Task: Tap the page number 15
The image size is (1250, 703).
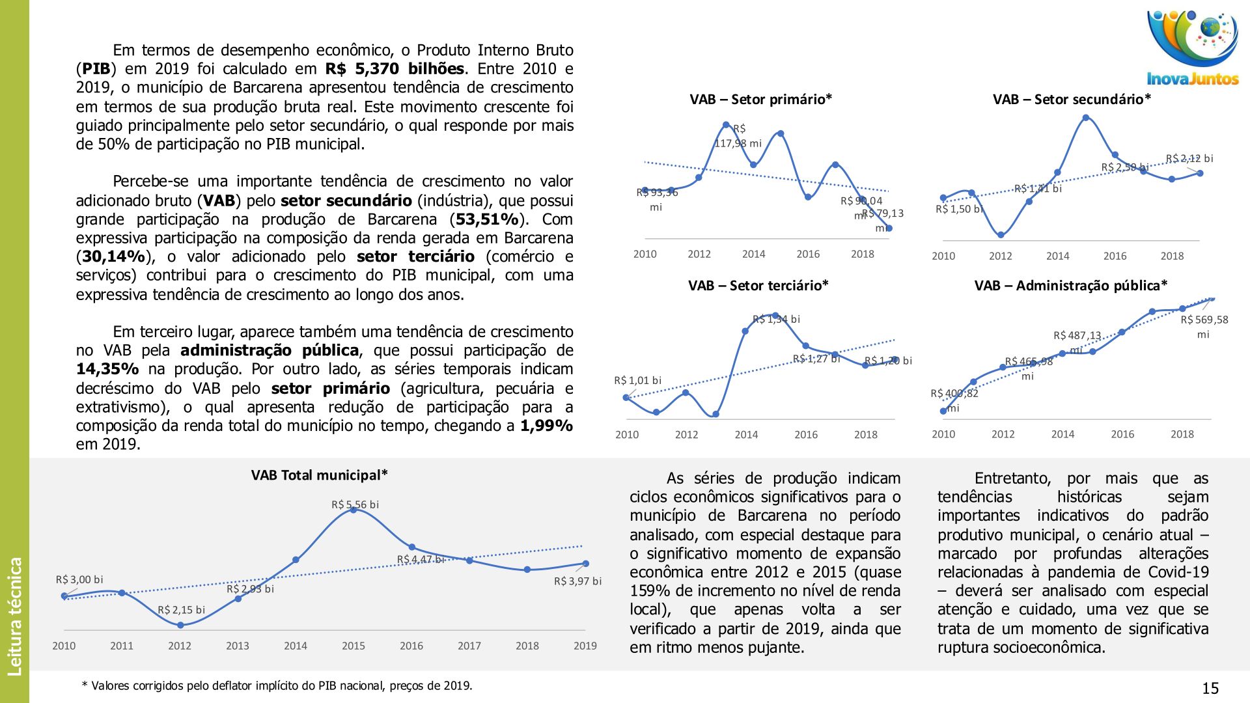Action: point(1210,689)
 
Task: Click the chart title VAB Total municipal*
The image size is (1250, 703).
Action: point(319,475)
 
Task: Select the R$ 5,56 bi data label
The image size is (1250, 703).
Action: point(355,504)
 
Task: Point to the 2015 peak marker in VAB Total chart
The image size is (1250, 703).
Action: point(354,510)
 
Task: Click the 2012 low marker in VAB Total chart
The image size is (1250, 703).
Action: point(180,625)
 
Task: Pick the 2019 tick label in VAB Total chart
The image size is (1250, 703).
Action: point(585,646)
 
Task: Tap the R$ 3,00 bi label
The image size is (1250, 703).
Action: point(79,579)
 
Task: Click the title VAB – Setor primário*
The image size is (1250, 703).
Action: point(760,100)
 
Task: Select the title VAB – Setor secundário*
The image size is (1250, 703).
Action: point(1072,100)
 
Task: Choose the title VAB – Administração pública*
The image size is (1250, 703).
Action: point(1070,286)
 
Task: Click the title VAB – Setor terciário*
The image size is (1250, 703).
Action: point(758,286)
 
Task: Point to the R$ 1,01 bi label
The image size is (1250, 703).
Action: point(637,380)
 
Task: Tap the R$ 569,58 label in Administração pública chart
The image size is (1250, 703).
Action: point(1204,320)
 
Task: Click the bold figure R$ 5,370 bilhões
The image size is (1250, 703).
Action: point(395,69)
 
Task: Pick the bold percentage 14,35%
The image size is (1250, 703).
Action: point(107,369)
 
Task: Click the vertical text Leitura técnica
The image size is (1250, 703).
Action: point(14,616)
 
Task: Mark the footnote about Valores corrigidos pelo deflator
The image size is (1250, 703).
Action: point(277,685)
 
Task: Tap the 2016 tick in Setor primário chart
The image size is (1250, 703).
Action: point(808,254)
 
